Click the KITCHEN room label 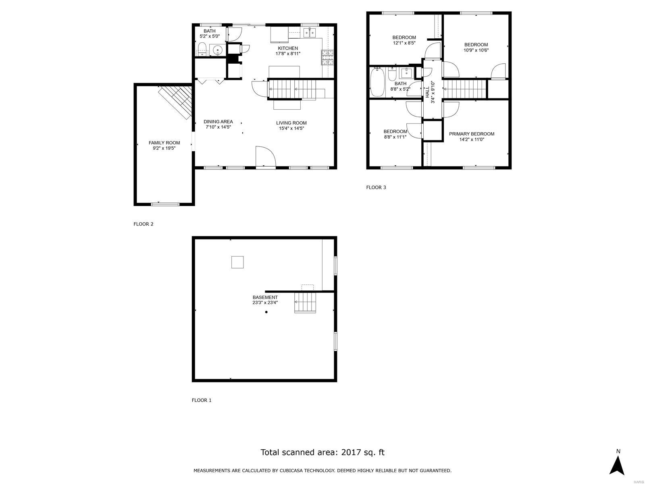(x=287, y=48)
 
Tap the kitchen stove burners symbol (x=327, y=57)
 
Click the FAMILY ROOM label (x=164, y=143)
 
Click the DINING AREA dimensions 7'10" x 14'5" (x=218, y=127)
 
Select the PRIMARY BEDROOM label (x=471, y=134)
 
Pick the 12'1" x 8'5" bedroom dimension (x=404, y=43)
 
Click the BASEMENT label (x=265, y=297)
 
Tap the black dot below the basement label (x=266, y=312)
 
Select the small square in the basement (x=237, y=262)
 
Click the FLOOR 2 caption (x=143, y=224)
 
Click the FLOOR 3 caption (x=376, y=188)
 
